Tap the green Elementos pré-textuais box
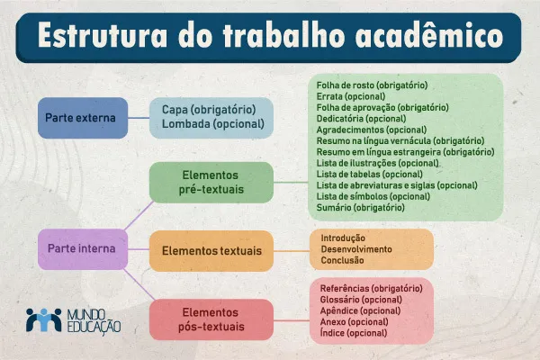click(x=198, y=181)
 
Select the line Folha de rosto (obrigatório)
click(x=372, y=85)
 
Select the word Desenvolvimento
click(x=356, y=249)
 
